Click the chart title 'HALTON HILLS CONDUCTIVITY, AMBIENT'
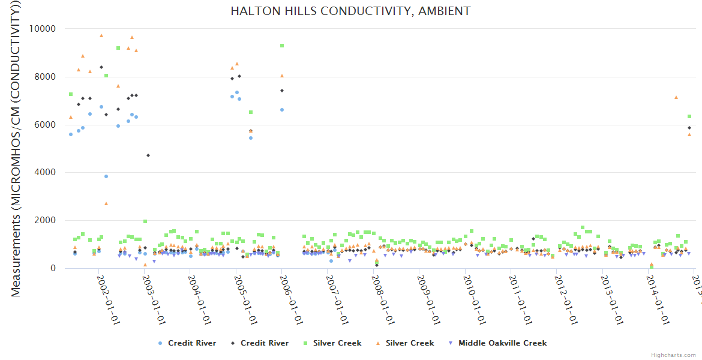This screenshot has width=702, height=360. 350,11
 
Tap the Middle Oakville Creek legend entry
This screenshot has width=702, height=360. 497,343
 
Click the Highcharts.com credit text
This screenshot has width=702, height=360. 673,355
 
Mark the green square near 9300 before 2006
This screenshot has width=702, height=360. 282,46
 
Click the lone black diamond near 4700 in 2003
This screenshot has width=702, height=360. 148,155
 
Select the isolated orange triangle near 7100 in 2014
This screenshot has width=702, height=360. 676,97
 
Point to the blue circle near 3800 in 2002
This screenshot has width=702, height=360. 106,176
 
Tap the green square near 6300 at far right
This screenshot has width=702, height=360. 689,116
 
